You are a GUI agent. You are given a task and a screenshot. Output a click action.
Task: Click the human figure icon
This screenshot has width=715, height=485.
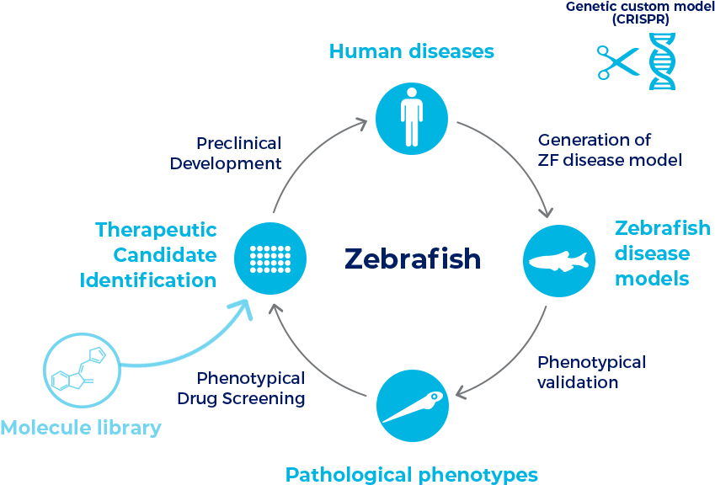[x=412, y=118]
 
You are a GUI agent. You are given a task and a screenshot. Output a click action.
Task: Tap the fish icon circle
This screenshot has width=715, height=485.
[x=559, y=261]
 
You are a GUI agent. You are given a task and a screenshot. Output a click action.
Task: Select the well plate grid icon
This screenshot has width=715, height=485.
[x=270, y=258]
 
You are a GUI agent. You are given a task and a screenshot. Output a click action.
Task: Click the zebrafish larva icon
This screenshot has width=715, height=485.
[x=413, y=407]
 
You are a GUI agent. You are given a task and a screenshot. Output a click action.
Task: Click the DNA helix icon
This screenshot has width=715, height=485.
[x=662, y=61]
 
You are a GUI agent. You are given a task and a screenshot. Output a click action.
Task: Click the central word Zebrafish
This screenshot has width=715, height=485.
[x=413, y=258]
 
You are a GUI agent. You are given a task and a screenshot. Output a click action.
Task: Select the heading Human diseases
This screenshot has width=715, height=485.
[x=412, y=51]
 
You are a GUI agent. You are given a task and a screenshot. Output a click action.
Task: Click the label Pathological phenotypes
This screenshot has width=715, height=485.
[x=412, y=475]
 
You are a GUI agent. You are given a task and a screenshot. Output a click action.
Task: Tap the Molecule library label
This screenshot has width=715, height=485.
[x=81, y=428]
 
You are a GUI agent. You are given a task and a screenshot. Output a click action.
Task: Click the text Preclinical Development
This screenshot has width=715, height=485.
[x=226, y=153]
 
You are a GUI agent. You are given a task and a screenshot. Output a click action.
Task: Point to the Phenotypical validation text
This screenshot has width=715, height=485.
[x=591, y=372]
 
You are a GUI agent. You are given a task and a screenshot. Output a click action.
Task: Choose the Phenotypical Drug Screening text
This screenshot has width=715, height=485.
[x=241, y=388]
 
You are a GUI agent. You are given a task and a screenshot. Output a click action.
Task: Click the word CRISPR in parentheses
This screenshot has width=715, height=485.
[x=641, y=19]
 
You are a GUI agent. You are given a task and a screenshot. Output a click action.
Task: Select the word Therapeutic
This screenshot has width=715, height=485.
[x=156, y=230]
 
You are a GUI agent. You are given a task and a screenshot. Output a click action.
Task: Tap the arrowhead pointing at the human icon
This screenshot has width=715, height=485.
[x=361, y=123]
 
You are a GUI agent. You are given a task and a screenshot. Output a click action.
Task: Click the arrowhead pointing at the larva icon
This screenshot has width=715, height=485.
[x=462, y=392]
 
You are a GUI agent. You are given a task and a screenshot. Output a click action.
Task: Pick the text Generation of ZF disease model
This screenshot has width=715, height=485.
[x=610, y=150]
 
